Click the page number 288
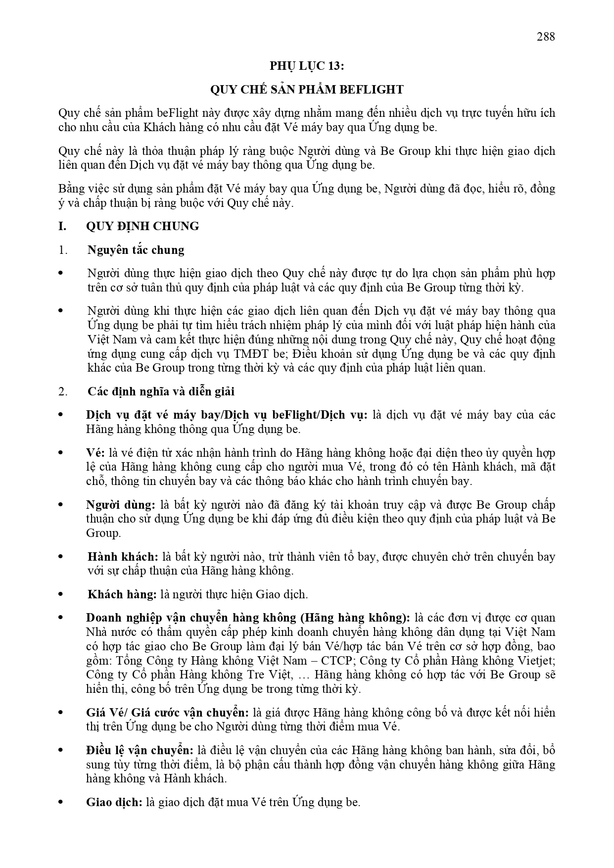(545, 36)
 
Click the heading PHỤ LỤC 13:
(307, 66)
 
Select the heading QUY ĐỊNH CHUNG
(142, 226)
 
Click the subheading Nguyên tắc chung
(136, 250)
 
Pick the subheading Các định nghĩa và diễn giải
(161, 391)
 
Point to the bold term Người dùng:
(120, 505)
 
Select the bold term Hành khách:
(123, 557)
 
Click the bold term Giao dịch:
(114, 802)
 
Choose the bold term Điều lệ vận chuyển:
(139, 750)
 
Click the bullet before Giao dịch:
(61, 802)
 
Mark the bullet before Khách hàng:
(61, 594)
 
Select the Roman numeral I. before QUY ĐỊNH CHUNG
(62, 226)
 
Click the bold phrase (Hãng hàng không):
(355, 618)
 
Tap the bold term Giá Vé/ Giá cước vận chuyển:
(167, 713)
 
